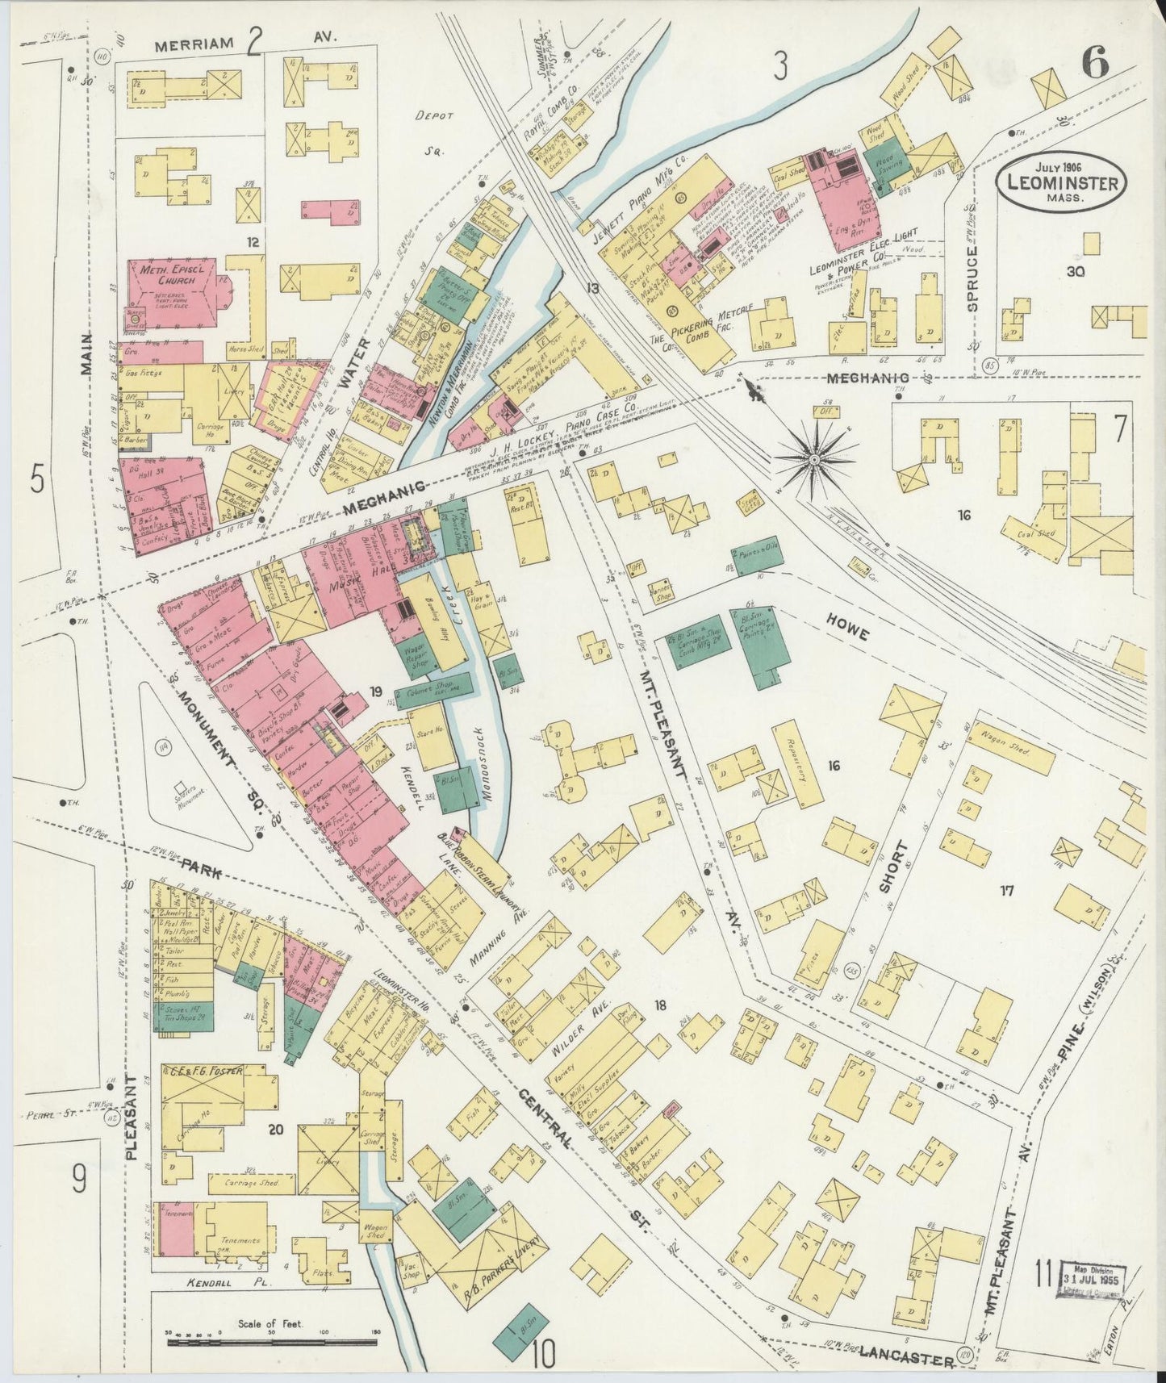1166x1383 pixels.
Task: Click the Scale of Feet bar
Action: (272, 1343)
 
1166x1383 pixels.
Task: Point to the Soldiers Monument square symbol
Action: (181, 785)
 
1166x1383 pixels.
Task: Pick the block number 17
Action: (1006, 891)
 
